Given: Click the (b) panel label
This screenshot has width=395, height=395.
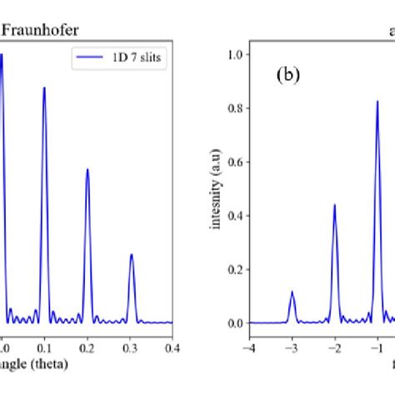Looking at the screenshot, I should click(288, 74).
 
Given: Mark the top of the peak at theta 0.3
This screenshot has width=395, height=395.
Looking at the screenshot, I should click(131, 255).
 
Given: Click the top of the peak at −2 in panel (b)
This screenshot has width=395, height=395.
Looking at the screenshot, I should click(334, 204).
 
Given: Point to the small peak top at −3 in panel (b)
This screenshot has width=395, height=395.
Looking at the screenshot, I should click(292, 292).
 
